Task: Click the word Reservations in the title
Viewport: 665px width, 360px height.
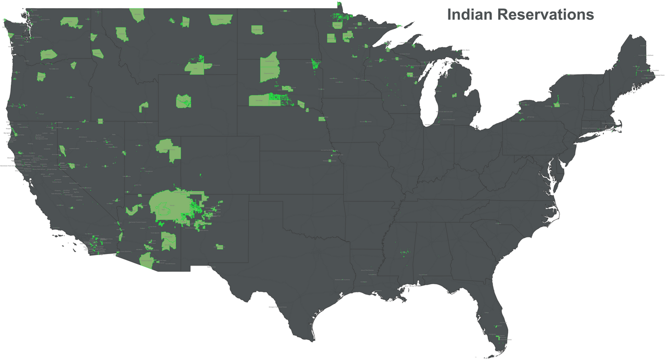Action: (x=546, y=15)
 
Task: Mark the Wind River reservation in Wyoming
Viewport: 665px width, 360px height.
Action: (x=183, y=100)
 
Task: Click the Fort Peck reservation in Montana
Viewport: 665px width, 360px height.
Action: (x=220, y=20)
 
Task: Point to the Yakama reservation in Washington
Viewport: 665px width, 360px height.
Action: (x=48, y=54)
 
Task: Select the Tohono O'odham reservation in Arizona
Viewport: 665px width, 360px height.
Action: (x=146, y=260)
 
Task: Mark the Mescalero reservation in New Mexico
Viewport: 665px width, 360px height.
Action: (x=220, y=246)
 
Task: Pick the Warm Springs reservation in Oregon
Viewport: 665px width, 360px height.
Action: (x=41, y=76)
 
